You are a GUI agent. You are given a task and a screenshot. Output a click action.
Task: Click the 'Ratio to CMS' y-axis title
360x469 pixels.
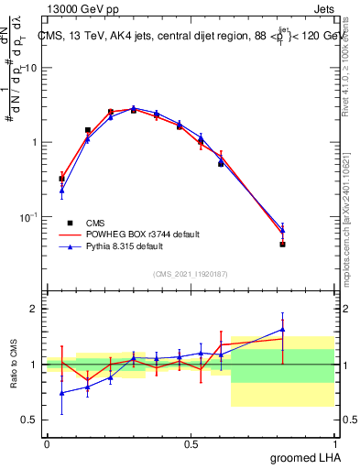point(13,365)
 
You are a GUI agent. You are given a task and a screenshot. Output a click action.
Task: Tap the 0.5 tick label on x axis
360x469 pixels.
point(191,444)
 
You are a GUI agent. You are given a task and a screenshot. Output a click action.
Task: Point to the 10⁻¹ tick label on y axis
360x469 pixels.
point(27,217)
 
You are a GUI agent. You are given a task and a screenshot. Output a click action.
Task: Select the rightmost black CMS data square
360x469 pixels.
point(283,245)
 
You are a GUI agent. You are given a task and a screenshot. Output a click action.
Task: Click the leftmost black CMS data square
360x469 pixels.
point(61,179)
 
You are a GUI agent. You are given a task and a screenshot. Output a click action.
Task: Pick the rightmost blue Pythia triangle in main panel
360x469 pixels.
point(283,231)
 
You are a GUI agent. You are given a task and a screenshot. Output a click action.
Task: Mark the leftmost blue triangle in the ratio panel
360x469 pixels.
point(61,393)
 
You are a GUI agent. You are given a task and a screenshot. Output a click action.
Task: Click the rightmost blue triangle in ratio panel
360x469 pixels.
point(283,330)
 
